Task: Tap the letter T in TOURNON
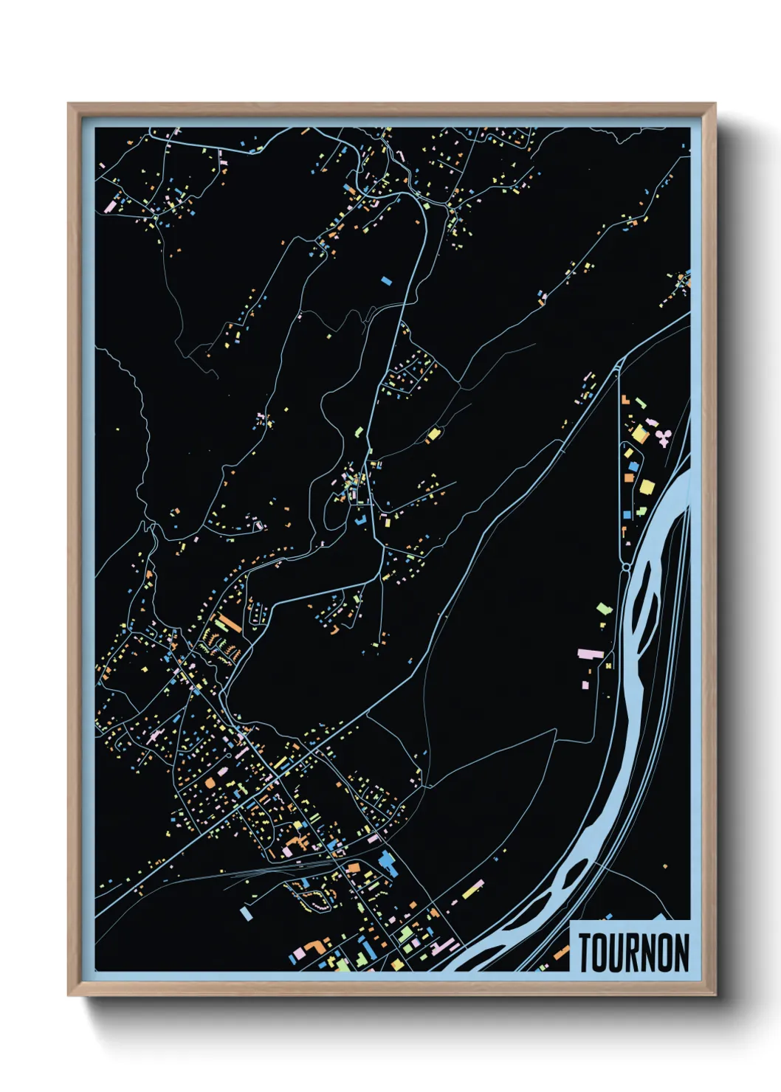pos(585,953)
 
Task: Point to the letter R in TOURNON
pos(636,953)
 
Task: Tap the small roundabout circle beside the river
pos(627,567)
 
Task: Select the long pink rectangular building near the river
pos(591,654)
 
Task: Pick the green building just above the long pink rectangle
pos(604,609)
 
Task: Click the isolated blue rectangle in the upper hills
pos(386,280)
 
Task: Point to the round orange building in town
pos(210,781)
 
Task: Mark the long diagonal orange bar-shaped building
pos(229,623)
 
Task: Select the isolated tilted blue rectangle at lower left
pos(245,913)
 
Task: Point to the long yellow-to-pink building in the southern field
pos(472,891)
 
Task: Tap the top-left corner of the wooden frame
pos(69,104)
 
